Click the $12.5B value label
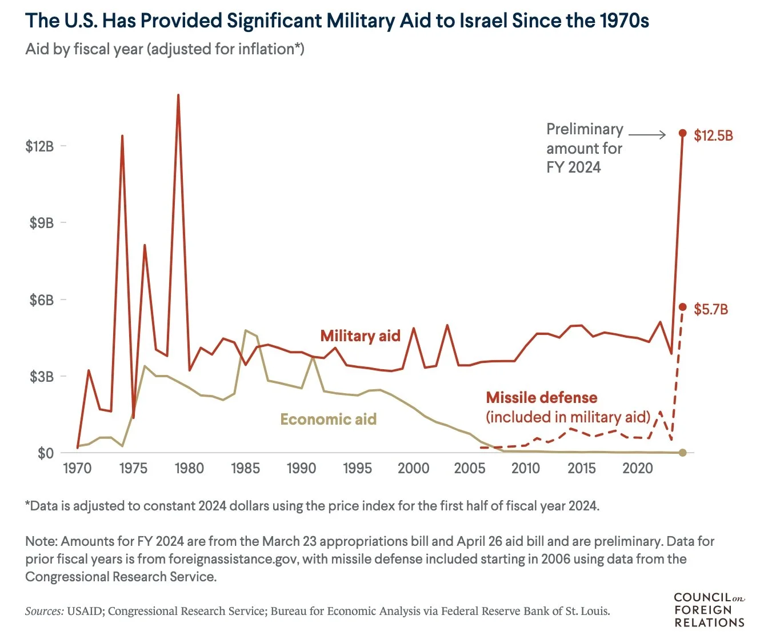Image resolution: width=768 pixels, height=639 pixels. pos(713,136)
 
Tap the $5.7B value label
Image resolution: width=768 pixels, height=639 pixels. pos(711,310)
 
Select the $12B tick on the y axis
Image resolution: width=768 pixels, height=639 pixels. pos(39,146)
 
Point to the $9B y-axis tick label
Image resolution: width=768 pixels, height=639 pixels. pos(41,223)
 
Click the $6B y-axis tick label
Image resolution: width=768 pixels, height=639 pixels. pos(41,300)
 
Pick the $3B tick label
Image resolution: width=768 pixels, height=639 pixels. pos(41,377)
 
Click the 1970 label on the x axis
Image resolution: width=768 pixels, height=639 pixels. pos(77,469)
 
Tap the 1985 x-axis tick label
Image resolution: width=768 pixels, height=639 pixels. pos(245,469)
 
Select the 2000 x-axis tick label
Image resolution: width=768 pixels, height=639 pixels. pos(413,469)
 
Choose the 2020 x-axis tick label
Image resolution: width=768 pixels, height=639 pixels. pos(637,469)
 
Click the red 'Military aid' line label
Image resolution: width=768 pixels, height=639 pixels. pos(360,336)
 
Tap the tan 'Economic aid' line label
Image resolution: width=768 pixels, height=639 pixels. pos(328,420)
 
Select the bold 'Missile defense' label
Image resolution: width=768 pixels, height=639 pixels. pos(541,398)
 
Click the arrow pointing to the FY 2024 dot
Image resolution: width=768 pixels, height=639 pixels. pos(647,135)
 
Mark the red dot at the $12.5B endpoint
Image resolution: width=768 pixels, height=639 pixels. pos(682,133)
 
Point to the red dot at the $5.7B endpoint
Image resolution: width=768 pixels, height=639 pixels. pos(682,307)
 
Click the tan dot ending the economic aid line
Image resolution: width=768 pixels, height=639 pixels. pos(682,453)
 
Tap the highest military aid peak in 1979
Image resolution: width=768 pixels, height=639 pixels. pos(178,95)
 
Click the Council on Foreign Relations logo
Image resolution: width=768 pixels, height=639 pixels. pos(709,610)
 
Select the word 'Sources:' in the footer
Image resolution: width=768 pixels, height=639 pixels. pos(44,611)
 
